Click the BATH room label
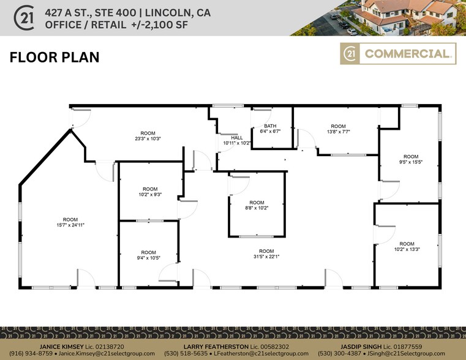(270, 126)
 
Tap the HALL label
(236, 138)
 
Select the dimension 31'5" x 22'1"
(266, 257)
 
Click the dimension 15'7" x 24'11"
(70, 225)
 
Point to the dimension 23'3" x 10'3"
(148, 138)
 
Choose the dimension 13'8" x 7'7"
(338, 130)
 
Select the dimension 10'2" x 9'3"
(150, 194)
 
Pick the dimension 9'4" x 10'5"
(148, 258)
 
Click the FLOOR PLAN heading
(54, 58)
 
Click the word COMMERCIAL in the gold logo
(406, 54)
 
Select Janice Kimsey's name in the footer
(63, 347)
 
